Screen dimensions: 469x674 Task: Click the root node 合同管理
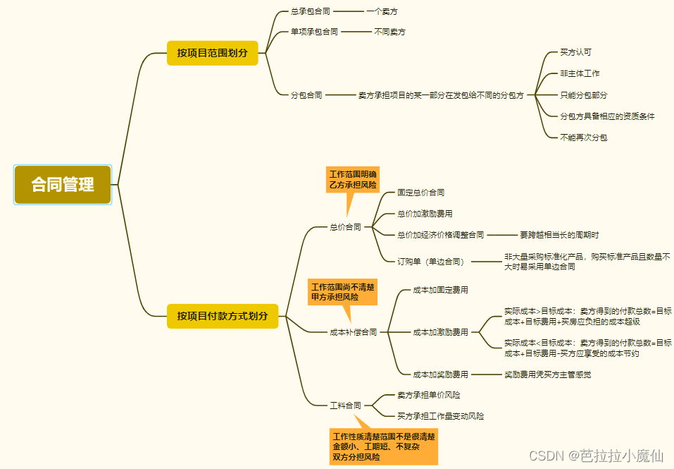tap(63, 185)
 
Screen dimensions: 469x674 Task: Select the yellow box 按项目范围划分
tap(212, 53)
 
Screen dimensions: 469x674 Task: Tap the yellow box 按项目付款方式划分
tap(223, 315)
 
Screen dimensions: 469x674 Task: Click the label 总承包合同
tap(310, 11)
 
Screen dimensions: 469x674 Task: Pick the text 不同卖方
tap(389, 32)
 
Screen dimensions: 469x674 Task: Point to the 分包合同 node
tap(306, 95)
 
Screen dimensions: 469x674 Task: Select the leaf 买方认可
tap(575, 52)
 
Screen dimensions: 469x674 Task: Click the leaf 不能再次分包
tap(583, 137)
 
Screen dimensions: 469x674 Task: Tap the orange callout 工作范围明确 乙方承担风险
tap(353, 180)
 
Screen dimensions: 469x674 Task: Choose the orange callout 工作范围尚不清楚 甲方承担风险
tap(343, 292)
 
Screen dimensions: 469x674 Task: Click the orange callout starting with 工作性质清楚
tap(384, 446)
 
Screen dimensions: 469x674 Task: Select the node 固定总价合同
tap(420, 192)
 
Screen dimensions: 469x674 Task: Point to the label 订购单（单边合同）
tap(431, 261)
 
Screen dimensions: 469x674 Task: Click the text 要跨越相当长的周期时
tap(559, 235)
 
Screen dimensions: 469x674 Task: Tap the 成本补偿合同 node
tap(354, 331)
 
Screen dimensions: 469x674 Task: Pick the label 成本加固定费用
tap(440, 289)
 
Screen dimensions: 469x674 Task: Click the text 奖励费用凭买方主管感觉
tap(547, 374)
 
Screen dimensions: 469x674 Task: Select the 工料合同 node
tap(345, 406)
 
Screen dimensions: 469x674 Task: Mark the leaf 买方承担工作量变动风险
tap(440, 416)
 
